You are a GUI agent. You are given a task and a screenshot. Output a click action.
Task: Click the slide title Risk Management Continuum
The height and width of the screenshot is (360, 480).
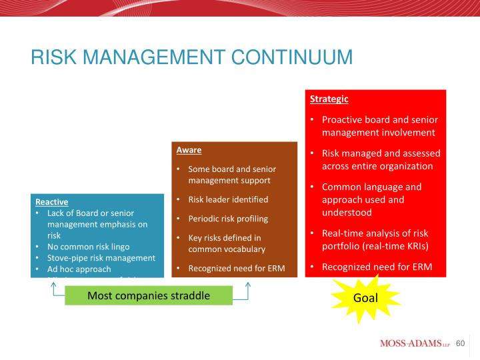(191, 57)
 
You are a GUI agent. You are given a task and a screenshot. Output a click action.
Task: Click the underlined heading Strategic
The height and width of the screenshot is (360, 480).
(329, 99)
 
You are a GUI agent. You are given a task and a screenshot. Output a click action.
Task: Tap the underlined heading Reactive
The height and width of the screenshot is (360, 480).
(51, 201)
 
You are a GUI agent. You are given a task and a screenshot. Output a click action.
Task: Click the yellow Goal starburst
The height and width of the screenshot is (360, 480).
(365, 297)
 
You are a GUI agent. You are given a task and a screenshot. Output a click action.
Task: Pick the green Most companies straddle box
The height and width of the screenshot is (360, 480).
(148, 295)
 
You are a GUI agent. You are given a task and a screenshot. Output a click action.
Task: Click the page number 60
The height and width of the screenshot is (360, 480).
(460, 343)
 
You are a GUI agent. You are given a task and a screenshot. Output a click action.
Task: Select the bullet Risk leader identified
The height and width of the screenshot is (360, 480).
(228, 199)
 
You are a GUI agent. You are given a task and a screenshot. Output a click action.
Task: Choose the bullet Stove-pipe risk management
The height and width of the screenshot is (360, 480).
(101, 258)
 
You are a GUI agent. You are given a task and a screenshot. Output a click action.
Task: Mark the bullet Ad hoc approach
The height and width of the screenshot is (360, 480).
(79, 269)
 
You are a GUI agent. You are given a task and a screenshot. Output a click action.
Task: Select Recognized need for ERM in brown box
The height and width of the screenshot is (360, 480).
(236, 269)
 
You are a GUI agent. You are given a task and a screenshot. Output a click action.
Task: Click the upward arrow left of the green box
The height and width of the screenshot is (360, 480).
(53, 287)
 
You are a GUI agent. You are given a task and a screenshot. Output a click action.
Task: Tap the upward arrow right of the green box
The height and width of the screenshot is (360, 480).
(247, 287)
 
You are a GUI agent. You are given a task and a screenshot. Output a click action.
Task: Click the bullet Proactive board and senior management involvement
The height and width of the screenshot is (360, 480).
(379, 126)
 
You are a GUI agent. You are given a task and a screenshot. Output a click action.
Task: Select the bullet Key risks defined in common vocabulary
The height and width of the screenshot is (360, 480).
(226, 243)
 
